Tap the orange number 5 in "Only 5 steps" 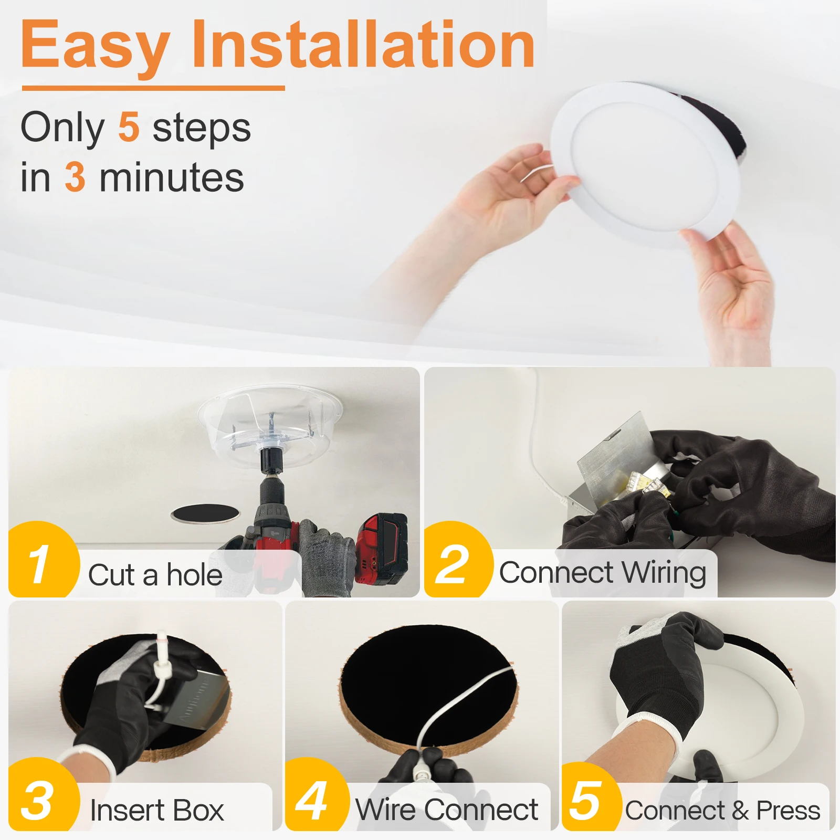(x=129, y=127)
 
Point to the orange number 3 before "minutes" (x=75, y=177)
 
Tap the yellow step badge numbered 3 (x=42, y=795)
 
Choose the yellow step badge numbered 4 (x=316, y=795)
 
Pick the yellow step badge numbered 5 (x=590, y=798)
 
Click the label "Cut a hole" (x=155, y=575)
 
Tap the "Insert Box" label (x=156, y=810)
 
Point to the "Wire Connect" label (x=447, y=810)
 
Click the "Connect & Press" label (x=722, y=811)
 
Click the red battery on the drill (x=382, y=549)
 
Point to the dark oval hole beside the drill (x=205, y=513)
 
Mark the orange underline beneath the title (x=153, y=88)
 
